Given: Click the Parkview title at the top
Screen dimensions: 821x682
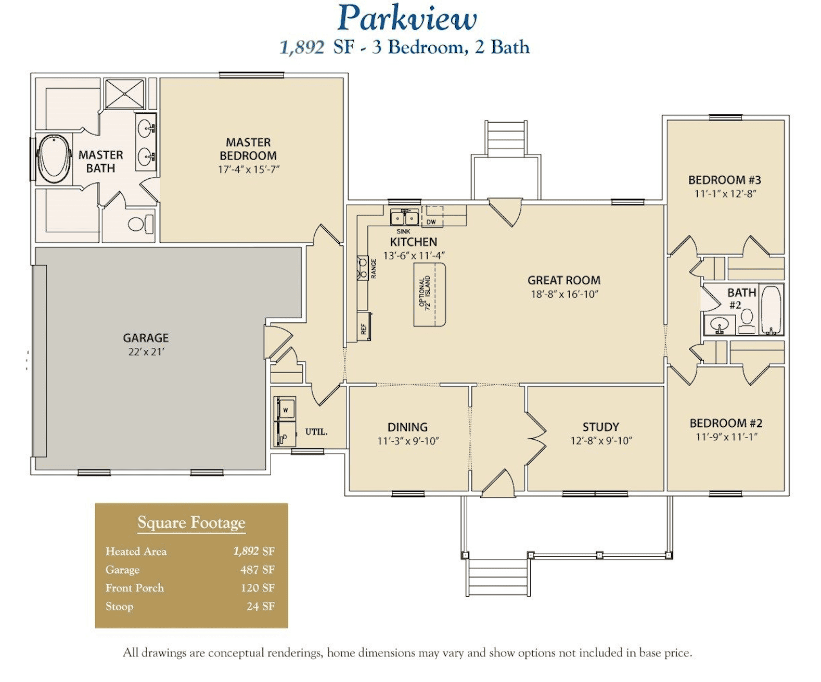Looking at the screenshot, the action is click(x=407, y=18).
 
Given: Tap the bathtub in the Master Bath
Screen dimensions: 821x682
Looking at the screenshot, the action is click(x=54, y=159).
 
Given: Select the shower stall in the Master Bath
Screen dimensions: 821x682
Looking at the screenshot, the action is click(x=124, y=94).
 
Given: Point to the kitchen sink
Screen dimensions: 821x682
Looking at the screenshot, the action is click(x=404, y=217).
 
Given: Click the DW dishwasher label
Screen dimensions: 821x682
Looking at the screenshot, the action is click(x=431, y=222).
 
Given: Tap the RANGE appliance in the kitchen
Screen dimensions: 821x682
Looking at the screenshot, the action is click(x=363, y=268).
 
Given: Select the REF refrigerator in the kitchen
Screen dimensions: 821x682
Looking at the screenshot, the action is click(x=364, y=326).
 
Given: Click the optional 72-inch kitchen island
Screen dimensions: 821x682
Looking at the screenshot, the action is click(x=429, y=295).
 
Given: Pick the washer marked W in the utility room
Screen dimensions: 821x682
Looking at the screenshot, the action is click(x=285, y=410).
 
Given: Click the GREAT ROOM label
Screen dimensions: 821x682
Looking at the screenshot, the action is click(x=564, y=280).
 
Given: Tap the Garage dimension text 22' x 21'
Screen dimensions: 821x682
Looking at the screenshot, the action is click(x=146, y=351).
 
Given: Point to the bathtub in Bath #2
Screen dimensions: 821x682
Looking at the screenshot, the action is click(x=771, y=310).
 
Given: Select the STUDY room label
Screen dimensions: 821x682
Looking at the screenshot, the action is click(x=601, y=427).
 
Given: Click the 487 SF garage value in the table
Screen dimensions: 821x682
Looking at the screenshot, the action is click(x=257, y=570).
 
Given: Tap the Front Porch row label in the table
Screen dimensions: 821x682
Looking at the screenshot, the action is click(x=134, y=588).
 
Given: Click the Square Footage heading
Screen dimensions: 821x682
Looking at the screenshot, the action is click(x=191, y=522).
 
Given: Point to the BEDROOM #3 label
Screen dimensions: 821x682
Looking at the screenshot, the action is click(x=725, y=180).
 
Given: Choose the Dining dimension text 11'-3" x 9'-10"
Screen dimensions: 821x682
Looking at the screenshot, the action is click(x=408, y=441).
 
